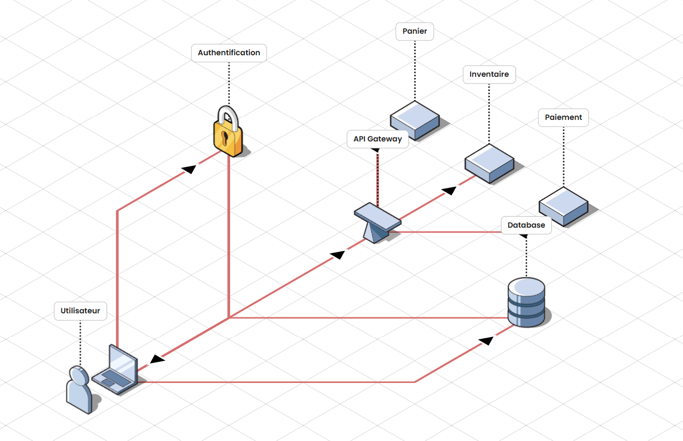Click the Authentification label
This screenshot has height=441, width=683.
tap(229, 53)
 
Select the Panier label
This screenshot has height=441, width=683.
tap(415, 32)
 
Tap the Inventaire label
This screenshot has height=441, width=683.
tap(489, 75)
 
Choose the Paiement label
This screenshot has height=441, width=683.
tap(563, 118)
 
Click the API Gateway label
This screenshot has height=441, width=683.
tap(378, 139)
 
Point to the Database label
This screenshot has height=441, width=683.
tap(526, 225)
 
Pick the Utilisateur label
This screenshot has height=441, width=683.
tap(80, 311)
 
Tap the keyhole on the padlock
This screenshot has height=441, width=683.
tap(225, 138)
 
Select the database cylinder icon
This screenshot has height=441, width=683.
tap(526, 302)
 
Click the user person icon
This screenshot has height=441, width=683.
tap(79, 389)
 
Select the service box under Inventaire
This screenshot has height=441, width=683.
tap(489, 164)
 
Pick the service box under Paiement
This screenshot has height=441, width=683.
tap(563, 207)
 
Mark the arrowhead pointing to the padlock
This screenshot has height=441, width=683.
tap(190, 169)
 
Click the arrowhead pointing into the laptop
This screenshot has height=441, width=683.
tap(158, 359)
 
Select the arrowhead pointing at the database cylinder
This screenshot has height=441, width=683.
tap(486, 340)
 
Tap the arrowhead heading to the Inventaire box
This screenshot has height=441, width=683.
tap(449, 191)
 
